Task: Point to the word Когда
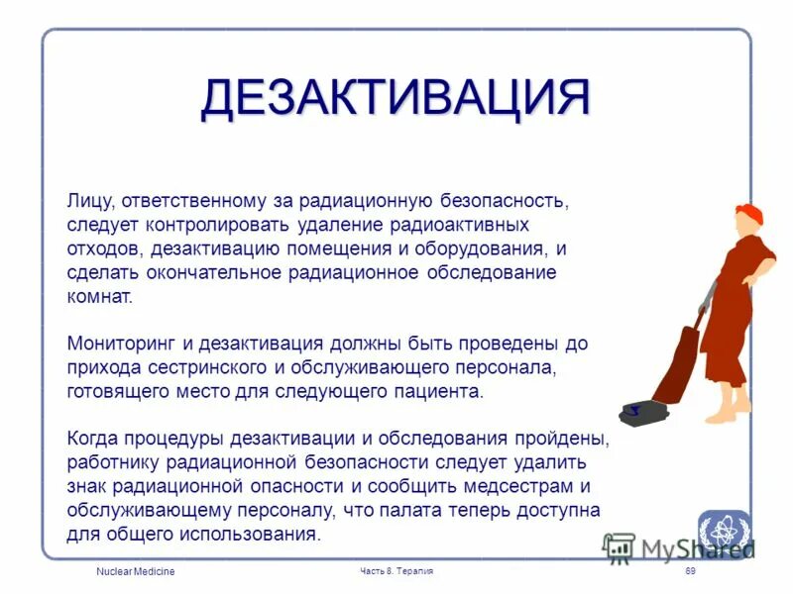click(x=94, y=439)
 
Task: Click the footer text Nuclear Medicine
click(x=135, y=572)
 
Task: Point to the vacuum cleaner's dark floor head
click(x=640, y=409)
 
